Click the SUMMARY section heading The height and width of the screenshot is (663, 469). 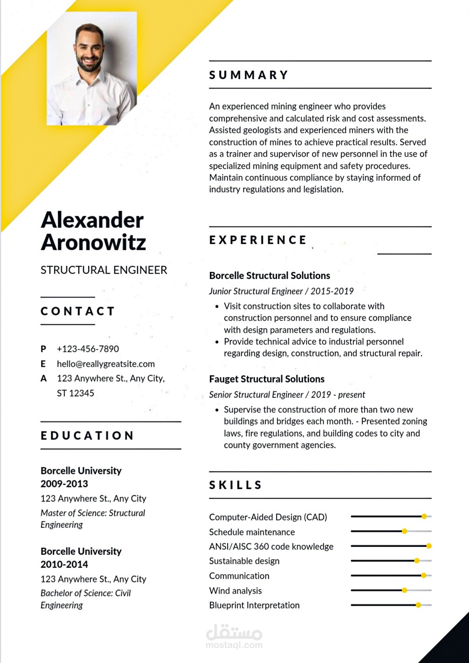(x=249, y=75)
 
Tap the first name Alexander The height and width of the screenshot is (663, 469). (x=92, y=220)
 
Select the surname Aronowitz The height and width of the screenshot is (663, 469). (x=93, y=242)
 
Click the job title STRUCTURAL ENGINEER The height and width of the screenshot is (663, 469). (x=103, y=270)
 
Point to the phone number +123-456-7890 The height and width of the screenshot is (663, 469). (x=88, y=349)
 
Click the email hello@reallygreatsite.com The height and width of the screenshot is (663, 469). (x=105, y=364)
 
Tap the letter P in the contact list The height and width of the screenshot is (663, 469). (x=43, y=349)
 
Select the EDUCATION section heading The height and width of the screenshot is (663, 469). (x=87, y=436)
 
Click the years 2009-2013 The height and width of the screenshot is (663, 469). (x=64, y=484)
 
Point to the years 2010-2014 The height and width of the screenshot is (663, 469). (x=64, y=564)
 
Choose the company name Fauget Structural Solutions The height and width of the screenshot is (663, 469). (x=267, y=379)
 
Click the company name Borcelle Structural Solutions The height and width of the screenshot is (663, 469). (x=269, y=276)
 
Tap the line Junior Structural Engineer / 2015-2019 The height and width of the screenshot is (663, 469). (x=281, y=291)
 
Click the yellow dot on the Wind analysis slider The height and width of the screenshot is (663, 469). (x=404, y=590)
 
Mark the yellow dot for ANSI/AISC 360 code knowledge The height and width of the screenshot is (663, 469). (x=429, y=546)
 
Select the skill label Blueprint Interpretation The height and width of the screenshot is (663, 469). (x=254, y=605)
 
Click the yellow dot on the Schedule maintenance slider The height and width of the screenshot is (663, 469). (x=404, y=531)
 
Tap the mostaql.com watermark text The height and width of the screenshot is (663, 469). (x=234, y=645)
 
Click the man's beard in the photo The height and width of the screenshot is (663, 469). (x=89, y=64)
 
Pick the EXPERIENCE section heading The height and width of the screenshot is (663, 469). (x=258, y=240)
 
